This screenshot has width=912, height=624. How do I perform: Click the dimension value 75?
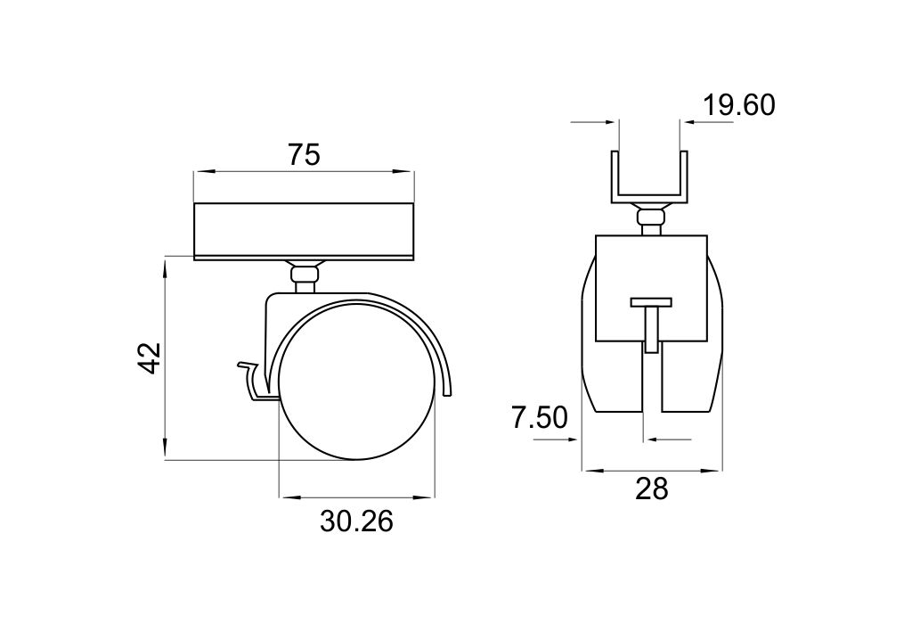(304, 155)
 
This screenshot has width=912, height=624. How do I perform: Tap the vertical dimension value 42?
(150, 358)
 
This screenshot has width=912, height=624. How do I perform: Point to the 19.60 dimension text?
(739, 105)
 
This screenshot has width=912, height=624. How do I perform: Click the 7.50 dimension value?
(539, 417)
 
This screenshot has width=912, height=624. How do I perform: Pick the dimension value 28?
(651, 489)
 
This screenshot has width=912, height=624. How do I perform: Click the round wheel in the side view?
(356, 382)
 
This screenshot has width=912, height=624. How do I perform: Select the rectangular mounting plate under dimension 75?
(304, 231)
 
